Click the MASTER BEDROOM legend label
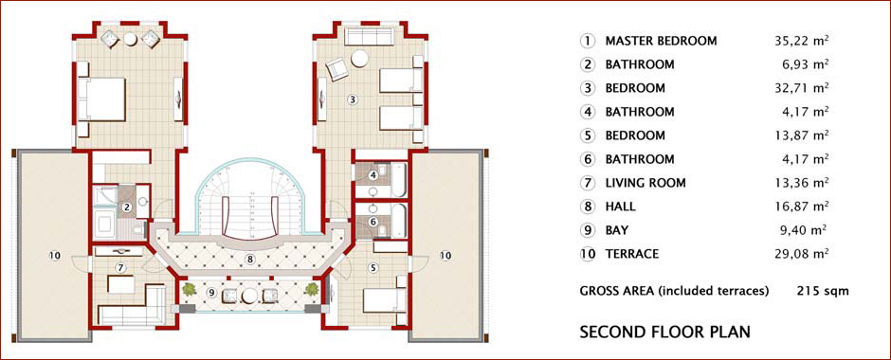click(x=661, y=41)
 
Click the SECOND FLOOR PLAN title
click(x=664, y=332)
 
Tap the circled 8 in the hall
click(x=249, y=259)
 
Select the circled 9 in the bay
click(x=211, y=293)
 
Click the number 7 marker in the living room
click(x=120, y=267)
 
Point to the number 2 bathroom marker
click(x=127, y=207)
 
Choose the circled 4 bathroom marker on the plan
click(x=373, y=175)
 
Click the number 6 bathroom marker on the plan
click(x=373, y=222)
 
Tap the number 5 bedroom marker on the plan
click(x=373, y=268)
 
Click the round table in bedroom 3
click(x=359, y=59)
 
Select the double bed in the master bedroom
click(x=101, y=99)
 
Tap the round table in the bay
click(x=250, y=296)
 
